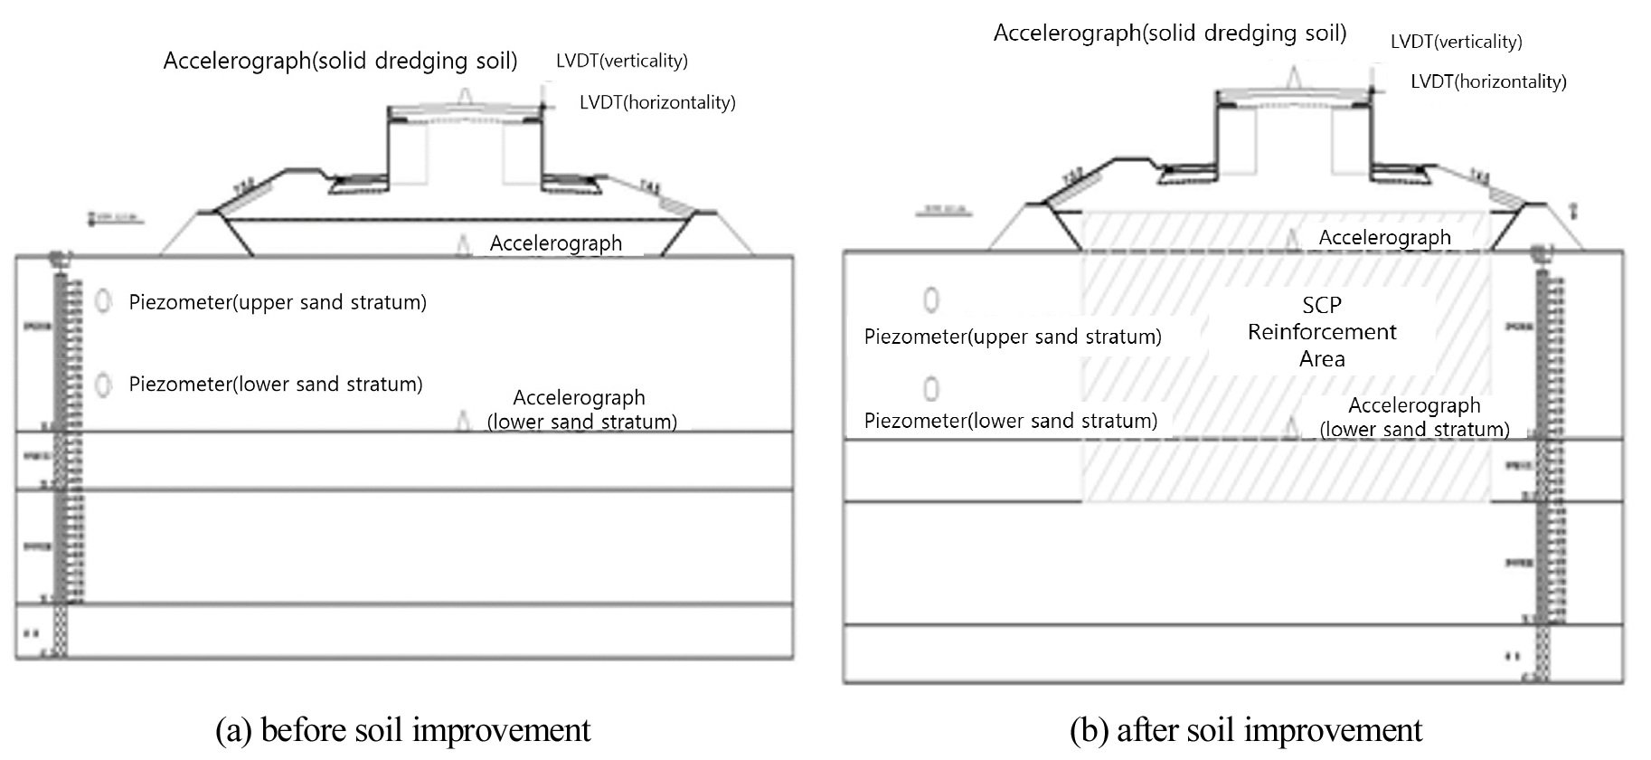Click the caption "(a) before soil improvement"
click(402, 730)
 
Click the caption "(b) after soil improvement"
click(1246, 730)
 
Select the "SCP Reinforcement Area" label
click(1322, 332)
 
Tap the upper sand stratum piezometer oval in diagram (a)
click(104, 301)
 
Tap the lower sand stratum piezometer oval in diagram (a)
click(104, 385)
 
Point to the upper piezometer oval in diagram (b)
click(930, 299)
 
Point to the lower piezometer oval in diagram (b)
click(930, 388)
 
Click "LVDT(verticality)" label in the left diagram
click(621, 61)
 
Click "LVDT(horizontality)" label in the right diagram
click(1488, 81)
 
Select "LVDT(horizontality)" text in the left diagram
click(657, 102)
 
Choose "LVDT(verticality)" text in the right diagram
click(1456, 42)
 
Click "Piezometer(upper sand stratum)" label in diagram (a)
click(278, 302)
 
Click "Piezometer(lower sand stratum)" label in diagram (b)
click(1010, 421)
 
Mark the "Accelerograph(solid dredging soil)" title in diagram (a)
click(340, 61)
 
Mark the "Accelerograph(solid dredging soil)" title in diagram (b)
click(1169, 33)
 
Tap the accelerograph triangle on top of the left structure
click(466, 96)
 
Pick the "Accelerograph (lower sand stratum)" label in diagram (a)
click(581, 409)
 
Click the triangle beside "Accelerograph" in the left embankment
click(464, 244)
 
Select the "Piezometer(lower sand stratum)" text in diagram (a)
click(276, 385)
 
